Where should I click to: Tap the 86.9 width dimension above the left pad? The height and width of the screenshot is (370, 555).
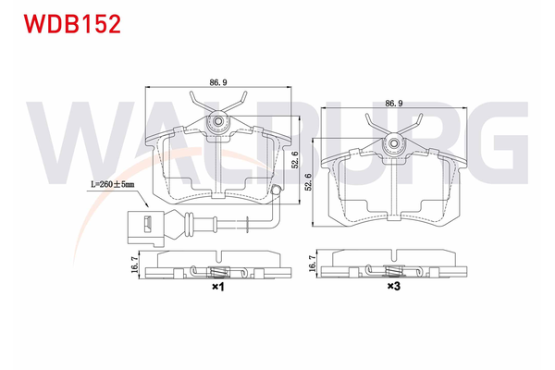point(219,82)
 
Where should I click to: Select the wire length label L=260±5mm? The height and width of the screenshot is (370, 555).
point(112,185)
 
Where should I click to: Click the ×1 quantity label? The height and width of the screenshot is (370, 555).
point(218,288)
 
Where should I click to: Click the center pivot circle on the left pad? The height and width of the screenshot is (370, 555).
point(219,120)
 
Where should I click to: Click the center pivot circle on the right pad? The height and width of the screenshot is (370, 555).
point(395,142)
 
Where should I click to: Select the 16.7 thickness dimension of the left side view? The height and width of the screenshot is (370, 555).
point(135,265)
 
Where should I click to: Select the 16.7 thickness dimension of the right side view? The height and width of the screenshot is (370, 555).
point(312,265)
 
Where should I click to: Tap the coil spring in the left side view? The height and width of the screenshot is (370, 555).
point(219,272)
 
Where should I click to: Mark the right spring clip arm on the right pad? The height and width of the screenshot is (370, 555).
point(417,123)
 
